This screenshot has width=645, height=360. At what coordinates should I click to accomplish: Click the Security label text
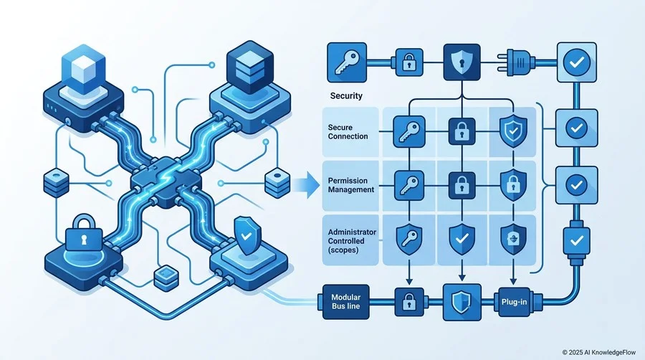click(346, 96)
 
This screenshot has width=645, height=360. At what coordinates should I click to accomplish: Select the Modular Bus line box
click(345, 302)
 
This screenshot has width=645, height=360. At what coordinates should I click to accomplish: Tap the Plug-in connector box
click(514, 302)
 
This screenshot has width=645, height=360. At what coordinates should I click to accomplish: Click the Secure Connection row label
click(348, 132)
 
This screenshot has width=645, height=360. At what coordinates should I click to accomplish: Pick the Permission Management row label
click(351, 185)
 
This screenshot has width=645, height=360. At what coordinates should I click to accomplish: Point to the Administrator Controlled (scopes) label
click(352, 241)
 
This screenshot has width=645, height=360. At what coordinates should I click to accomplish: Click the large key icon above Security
click(347, 62)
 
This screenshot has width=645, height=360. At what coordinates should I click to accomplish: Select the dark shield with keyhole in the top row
click(462, 62)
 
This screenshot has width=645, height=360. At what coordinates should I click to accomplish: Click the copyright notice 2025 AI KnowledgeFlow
click(598, 352)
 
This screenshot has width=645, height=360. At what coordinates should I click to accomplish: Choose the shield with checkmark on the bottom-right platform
click(247, 236)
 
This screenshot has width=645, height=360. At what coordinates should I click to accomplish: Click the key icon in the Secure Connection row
click(409, 132)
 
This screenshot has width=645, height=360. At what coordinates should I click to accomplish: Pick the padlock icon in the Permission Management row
click(462, 185)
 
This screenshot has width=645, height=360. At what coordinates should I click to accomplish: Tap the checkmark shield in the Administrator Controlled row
click(462, 239)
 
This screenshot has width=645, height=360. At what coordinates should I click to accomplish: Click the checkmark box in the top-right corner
click(577, 62)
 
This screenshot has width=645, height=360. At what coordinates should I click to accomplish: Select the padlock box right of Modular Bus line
click(409, 302)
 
